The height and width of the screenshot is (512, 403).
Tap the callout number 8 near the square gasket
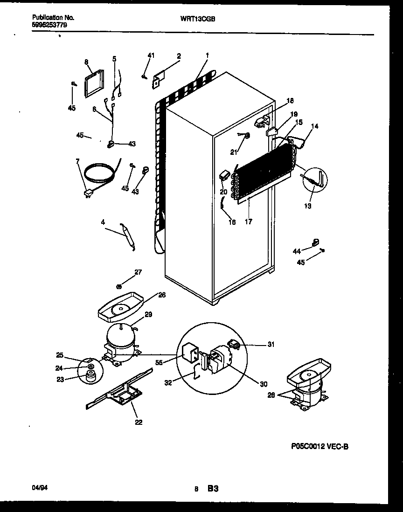pyautogui.click(x=86, y=61)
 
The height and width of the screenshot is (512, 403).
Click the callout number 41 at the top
pyautogui.click(x=150, y=56)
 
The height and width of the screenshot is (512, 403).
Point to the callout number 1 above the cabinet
pyautogui.click(x=207, y=55)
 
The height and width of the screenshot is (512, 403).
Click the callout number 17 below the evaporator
pyautogui.click(x=248, y=222)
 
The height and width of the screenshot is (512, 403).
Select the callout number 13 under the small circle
pyautogui.click(x=308, y=206)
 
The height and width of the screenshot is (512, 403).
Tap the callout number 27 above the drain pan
pyautogui.click(x=138, y=272)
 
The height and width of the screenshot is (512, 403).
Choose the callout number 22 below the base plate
pyautogui.click(x=138, y=422)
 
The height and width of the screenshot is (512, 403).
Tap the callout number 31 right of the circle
pyautogui.click(x=271, y=345)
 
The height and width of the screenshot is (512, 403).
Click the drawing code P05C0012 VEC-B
pyautogui.click(x=319, y=447)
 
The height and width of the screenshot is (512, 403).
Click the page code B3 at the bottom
pyautogui.click(x=213, y=489)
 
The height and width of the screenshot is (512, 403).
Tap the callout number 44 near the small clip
pyautogui.click(x=297, y=252)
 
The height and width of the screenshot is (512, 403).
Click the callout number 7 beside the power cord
pyautogui.click(x=77, y=161)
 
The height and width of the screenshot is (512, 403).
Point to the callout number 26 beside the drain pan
pyautogui.click(x=161, y=295)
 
